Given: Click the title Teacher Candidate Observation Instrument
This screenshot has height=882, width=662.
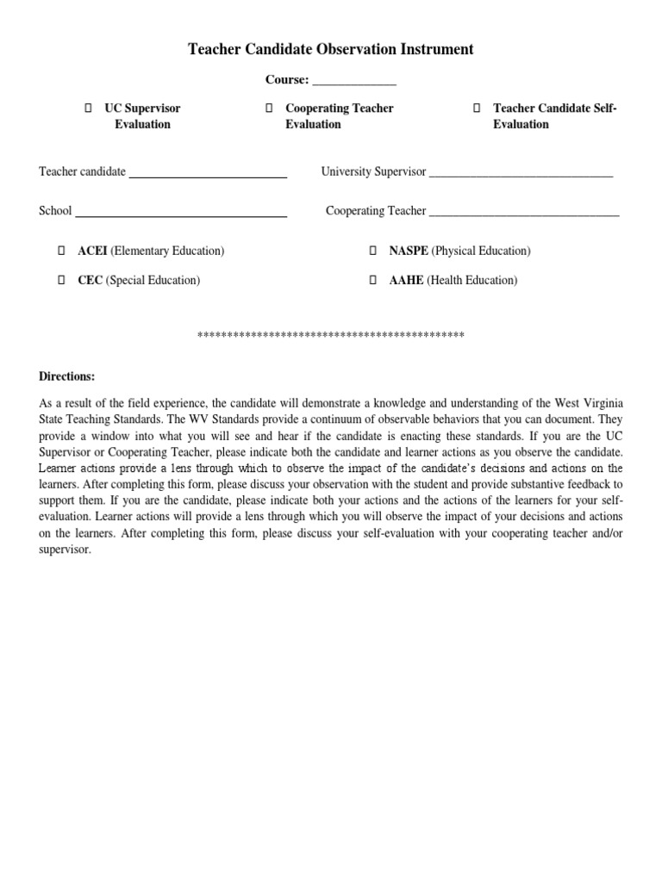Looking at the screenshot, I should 331,49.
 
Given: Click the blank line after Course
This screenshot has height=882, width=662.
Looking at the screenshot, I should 353,81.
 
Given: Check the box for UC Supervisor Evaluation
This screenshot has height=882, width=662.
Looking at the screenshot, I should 88,109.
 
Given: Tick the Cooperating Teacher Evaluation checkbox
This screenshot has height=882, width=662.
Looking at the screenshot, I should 269,109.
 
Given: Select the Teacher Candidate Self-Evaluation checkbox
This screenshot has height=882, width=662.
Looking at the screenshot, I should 477,109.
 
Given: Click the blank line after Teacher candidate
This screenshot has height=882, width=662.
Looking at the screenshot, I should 207,173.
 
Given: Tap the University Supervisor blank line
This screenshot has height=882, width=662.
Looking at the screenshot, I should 521,173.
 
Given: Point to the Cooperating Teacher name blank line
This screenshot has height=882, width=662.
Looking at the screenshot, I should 524,212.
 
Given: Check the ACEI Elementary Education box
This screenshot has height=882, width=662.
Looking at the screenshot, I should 62,251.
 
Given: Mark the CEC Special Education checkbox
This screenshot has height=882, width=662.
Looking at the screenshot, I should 62,280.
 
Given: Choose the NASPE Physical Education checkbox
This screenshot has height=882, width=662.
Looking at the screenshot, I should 373,251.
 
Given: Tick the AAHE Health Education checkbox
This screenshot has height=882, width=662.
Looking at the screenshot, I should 373,280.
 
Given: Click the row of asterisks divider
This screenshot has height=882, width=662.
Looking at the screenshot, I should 331,335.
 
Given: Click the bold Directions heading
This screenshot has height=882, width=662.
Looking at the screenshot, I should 67,376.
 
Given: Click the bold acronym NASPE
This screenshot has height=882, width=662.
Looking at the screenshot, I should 409,251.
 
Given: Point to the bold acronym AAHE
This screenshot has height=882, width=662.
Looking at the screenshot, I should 406,280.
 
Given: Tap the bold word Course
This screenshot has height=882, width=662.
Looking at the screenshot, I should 286,80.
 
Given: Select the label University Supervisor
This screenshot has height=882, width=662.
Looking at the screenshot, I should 373,172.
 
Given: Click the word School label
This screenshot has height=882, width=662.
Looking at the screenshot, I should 55,211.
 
